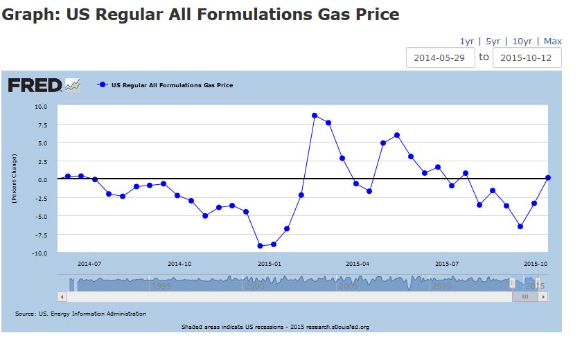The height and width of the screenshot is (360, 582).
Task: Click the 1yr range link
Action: point(466,42)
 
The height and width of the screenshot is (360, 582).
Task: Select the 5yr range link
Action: point(493,42)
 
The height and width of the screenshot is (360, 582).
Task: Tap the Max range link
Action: point(553,42)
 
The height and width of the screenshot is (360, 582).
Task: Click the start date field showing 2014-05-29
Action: point(441,57)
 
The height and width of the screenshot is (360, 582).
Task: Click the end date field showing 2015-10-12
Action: point(527,57)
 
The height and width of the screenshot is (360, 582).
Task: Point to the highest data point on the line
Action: point(315,116)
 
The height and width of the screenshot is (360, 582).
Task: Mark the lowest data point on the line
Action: point(260,246)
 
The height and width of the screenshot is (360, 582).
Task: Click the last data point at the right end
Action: point(547,178)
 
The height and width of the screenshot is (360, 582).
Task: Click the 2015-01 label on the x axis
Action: point(269,264)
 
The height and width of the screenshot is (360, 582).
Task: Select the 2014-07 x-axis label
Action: point(89,264)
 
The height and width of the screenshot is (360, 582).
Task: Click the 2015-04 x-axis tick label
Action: point(358,264)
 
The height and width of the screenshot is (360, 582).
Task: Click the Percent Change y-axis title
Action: point(14,179)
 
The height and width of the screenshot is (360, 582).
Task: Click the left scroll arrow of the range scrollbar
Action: point(63,296)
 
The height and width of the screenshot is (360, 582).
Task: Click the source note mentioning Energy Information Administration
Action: point(80,314)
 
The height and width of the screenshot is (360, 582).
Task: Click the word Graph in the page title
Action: point(28,14)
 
